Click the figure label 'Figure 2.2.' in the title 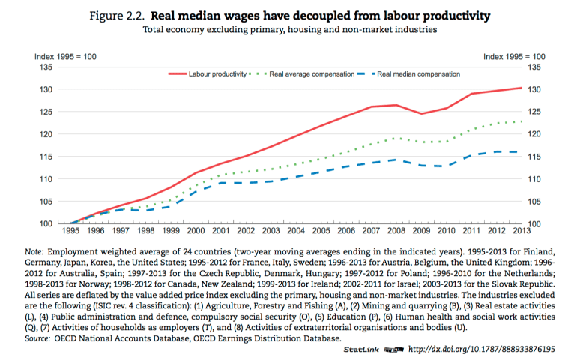tap(118, 14)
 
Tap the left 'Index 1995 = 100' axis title tap(66, 57)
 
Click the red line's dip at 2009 tap(421, 114)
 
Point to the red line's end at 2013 tap(521, 88)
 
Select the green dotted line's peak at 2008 tap(397, 138)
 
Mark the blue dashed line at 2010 tap(447, 166)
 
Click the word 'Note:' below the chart tap(34, 250)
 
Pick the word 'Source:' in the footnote tap(38, 337)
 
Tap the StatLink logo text tap(363, 349)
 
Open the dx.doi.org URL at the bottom tap(481, 349)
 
